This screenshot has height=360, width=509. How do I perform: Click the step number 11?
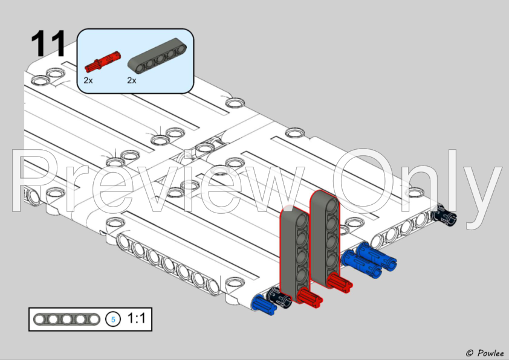pyautogui.click(x=48, y=43)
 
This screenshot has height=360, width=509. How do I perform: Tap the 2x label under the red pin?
pyautogui.click(x=88, y=80)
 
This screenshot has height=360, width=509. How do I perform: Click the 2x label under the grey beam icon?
pyautogui.click(x=132, y=80)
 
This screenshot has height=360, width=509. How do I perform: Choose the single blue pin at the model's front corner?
pyautogui.click(x=265, y=304)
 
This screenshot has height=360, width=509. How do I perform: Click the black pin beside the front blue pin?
pyautogui.click(x=280, y=297)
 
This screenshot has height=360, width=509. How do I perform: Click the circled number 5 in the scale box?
pyautogui.click(x=112, y=319)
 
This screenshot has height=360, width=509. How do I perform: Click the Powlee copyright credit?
pyautogui.click(x=484, y=352)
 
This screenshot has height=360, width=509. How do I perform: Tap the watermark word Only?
pyautogui.click(x=417, y=179)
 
